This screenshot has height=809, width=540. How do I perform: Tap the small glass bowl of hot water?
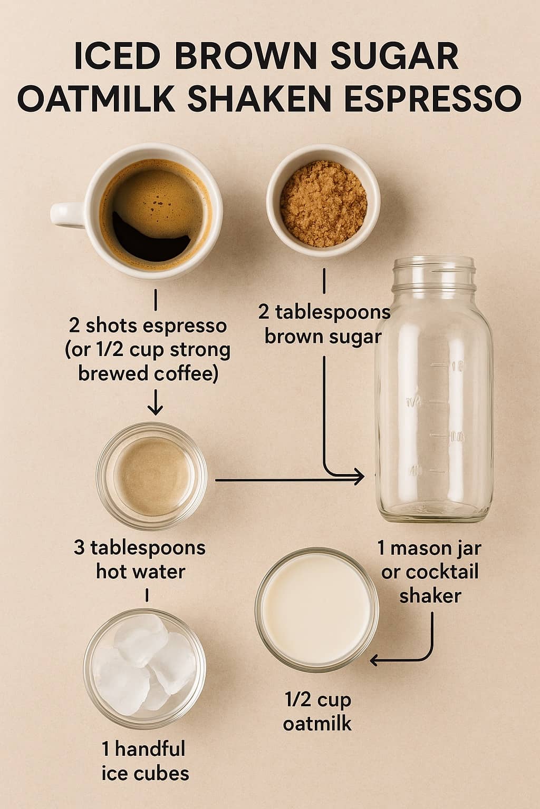coord(151,477)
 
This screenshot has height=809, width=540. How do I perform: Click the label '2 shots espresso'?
coord(147,325)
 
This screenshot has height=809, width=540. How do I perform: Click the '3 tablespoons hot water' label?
coord(140,559)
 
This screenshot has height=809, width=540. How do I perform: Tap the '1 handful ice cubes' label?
coord(144,761)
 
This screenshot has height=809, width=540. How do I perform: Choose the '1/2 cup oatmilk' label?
coord(317,711)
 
